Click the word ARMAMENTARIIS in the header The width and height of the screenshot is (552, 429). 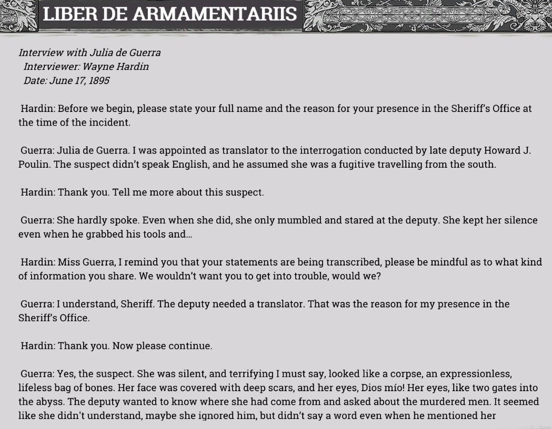(215, 14)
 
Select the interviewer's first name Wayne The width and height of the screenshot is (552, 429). (97, 67)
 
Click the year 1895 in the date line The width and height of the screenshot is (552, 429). (99, 81)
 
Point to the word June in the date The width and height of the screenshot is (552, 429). (61, 81)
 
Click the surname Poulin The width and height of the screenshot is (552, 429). (34, 165)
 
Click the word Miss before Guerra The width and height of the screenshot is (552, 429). (69, 262)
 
